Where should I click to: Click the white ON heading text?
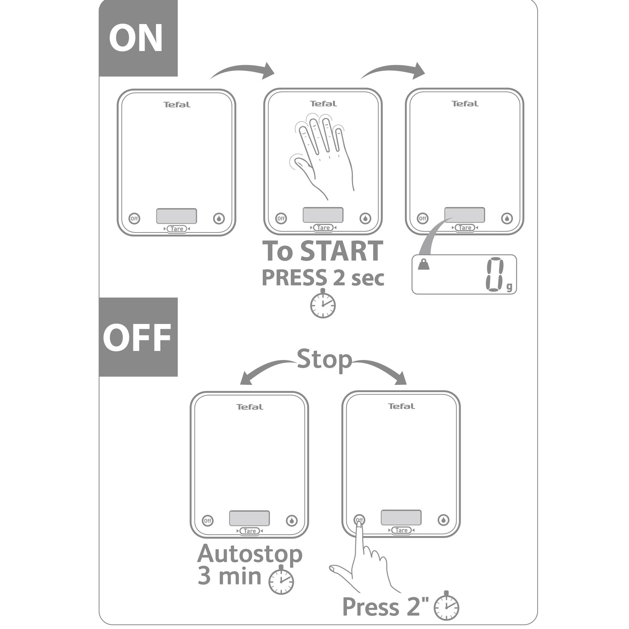136,38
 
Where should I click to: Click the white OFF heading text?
137,337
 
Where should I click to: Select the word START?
342,251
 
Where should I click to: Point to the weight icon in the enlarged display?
424,264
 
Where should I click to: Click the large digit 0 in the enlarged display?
494,275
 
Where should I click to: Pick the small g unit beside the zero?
509,287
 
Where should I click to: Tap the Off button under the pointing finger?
359,520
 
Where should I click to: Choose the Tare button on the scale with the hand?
323,228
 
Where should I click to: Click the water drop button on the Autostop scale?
292,521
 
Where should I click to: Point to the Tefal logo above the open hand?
323,104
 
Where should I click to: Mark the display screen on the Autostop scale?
250,518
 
